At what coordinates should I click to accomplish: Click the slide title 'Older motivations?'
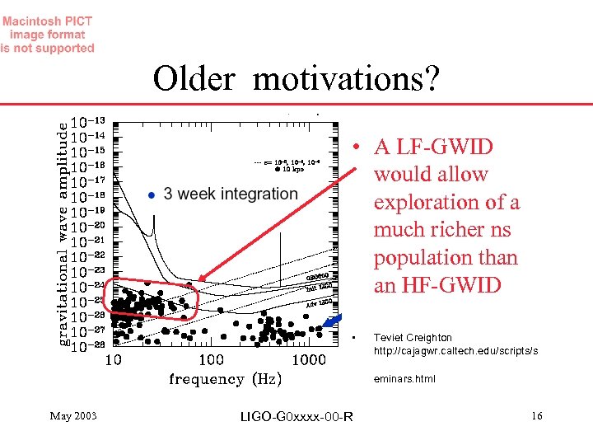[296, 79]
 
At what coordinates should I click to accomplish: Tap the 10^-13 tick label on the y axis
[89, 120]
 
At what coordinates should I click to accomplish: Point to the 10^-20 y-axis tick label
[89, 226]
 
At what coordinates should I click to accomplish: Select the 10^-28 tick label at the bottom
[89, 346]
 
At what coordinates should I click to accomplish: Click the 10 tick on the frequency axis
[113, 360]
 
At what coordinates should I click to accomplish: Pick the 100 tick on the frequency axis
[211, 360]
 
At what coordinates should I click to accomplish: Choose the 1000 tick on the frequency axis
[309, 360]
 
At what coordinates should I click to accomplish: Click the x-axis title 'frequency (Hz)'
[225, 379]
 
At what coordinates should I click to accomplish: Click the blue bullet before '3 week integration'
[151, 194]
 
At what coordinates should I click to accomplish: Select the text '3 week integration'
[231, 194]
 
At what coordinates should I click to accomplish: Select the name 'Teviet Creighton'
[413, 338]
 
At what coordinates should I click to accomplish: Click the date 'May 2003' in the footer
[73, 416]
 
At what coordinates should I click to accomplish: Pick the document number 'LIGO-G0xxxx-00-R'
[296, 417]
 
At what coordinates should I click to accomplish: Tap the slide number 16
[536, 416]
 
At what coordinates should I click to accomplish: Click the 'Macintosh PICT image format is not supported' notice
[48, 35]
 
